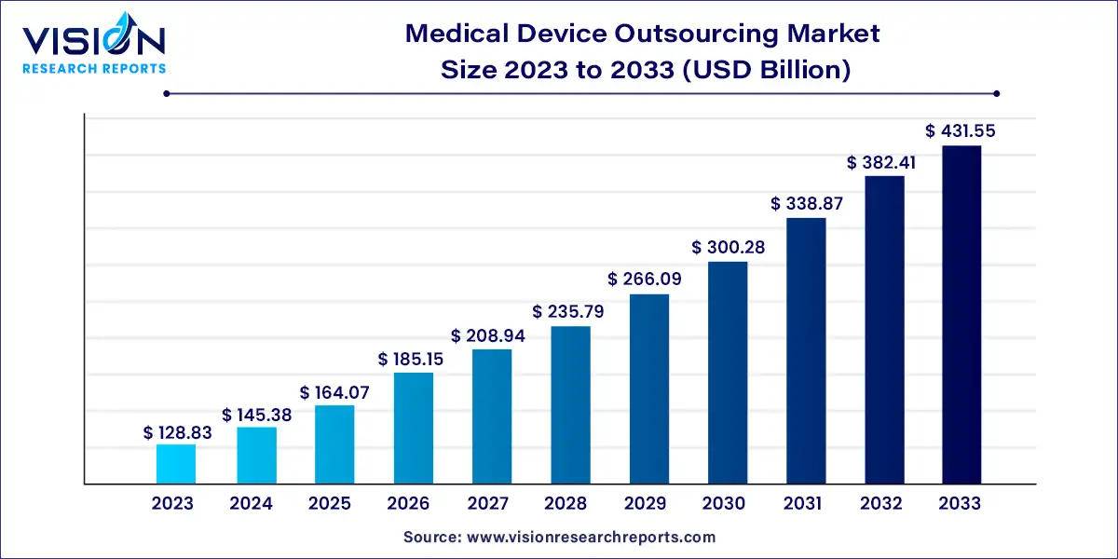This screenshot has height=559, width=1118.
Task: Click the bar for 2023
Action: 175,464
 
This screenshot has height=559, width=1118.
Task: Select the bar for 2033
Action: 961,315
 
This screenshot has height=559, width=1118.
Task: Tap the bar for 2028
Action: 570,405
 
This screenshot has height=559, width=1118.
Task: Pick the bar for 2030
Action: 728,373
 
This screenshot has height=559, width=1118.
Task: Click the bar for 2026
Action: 413,429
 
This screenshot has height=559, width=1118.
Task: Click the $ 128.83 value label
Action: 175,432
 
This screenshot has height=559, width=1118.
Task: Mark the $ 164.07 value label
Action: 334,393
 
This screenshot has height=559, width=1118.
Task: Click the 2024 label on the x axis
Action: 252,504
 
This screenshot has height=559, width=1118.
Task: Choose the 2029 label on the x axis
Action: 646,504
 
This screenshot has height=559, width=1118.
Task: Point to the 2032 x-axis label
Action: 881,504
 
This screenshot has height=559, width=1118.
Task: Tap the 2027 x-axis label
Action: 488,504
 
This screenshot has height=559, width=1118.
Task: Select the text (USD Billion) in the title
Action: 770,70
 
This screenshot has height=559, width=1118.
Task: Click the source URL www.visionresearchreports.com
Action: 591,538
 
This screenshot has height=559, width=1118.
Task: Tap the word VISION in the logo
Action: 93,41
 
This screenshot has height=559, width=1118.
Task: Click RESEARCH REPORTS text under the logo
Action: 93,68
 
